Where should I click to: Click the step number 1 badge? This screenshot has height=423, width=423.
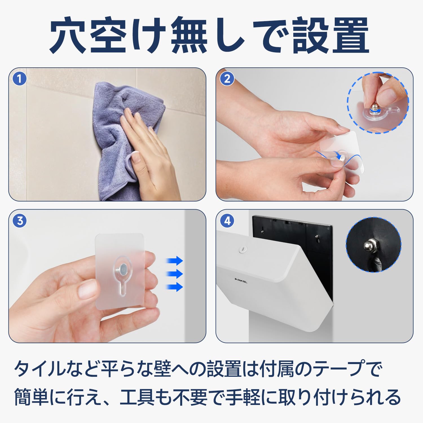(19, 79)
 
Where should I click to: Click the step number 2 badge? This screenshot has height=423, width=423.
(227, 79)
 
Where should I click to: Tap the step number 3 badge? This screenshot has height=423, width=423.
(20, 221)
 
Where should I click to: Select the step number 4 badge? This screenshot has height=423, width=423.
(227, 221)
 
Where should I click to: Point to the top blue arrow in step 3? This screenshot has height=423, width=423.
(175, 261)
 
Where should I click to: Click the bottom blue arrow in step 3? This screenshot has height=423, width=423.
(175, 287)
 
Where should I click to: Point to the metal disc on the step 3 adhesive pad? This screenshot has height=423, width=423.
(123, 269)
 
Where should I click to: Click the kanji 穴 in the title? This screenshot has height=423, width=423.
(68, 35)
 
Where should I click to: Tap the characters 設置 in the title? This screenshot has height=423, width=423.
(330, 35)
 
